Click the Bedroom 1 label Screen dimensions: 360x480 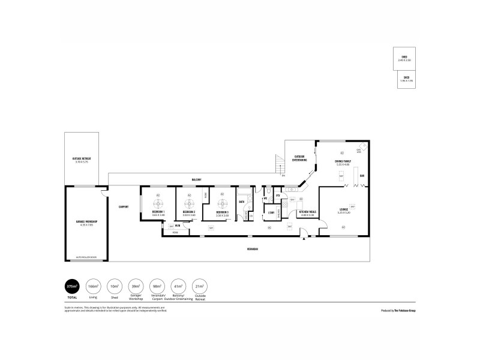158,212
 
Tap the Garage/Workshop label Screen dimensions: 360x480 86,221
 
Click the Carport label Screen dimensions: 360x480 124,206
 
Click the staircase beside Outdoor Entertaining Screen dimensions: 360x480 278,162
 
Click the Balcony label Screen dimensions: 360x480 196,179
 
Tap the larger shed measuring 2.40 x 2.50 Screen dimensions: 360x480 404,58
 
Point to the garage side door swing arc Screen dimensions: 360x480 104,193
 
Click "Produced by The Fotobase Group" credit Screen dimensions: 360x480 398,311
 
